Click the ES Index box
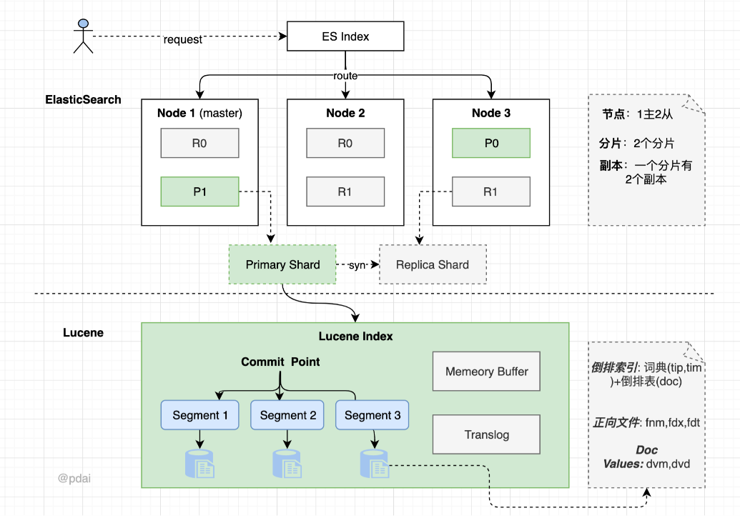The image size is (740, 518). [x=345, y=36]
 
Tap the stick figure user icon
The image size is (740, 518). [x=84, y=36]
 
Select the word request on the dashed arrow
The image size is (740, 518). [x=183, y=40]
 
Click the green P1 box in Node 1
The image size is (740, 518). [x=199, y=191]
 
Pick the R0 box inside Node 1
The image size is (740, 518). [x=199, y=143]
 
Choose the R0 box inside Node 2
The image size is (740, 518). [x=345, y=143]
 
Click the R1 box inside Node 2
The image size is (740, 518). [x=345, y=191]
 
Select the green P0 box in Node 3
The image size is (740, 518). [x=491, y=143]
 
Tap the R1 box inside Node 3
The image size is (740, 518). [x=491, y=191]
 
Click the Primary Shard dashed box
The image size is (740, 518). [x=282, y=264]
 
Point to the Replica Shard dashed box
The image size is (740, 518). [x=433, y=264]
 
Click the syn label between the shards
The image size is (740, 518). [x=357, y=265]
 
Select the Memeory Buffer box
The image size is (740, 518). [x=486, y=372]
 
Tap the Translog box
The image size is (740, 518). [x=486, y=434]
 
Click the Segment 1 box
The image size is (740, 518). [x=199, y=415]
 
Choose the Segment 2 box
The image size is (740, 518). [x=287, y=415]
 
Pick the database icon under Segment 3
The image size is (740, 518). [x=373, y=464]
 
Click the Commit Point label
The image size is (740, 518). [x=280, y=362]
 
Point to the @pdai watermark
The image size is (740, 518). [x=74, y=478]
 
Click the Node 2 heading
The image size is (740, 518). [x=345, y=113]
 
